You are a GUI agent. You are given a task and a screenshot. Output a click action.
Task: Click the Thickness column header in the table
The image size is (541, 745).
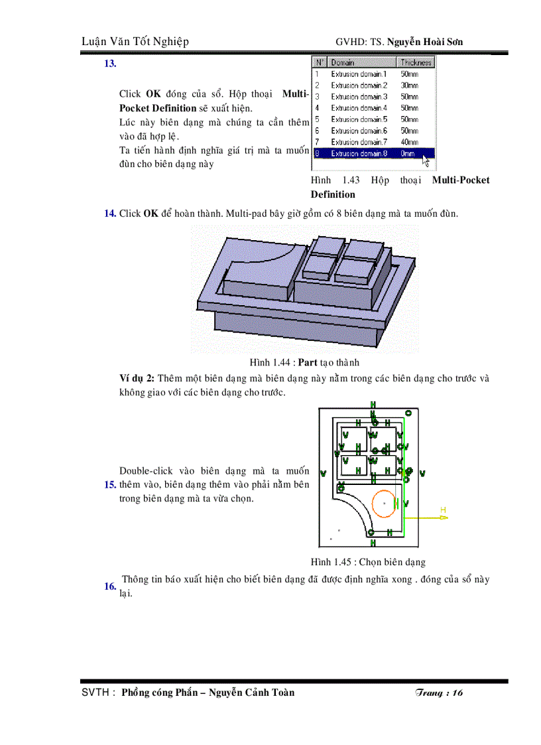pos(416,62)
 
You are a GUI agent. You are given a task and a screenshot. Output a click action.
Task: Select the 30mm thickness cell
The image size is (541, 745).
pos(409,86)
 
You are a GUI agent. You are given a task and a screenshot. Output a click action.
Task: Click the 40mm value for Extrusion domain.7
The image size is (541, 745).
pos(409,142)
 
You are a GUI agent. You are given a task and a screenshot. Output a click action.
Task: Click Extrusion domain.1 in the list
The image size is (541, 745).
pos(359,74)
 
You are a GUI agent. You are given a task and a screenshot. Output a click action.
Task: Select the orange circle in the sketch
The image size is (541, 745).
pos(384,504)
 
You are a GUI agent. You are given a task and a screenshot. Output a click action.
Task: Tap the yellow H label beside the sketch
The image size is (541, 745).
pos(444,509)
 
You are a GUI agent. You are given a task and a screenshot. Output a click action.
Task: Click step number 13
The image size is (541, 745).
pos(110,64)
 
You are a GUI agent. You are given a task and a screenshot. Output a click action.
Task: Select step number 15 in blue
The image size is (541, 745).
pos(110,485)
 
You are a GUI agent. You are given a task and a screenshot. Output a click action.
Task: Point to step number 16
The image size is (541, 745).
pos(110,586)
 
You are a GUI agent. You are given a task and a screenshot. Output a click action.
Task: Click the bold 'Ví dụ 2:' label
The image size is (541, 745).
pos(137,378)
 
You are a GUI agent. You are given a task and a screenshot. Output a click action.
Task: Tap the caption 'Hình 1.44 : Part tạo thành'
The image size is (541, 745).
pos(304,362)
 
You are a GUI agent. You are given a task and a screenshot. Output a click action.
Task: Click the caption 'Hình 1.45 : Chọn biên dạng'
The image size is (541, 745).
pos(368,562)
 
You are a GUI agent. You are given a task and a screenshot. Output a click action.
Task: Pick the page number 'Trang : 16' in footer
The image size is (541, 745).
pos(438,693)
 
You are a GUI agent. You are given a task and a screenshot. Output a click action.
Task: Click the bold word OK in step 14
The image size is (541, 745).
pos(151,214)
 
